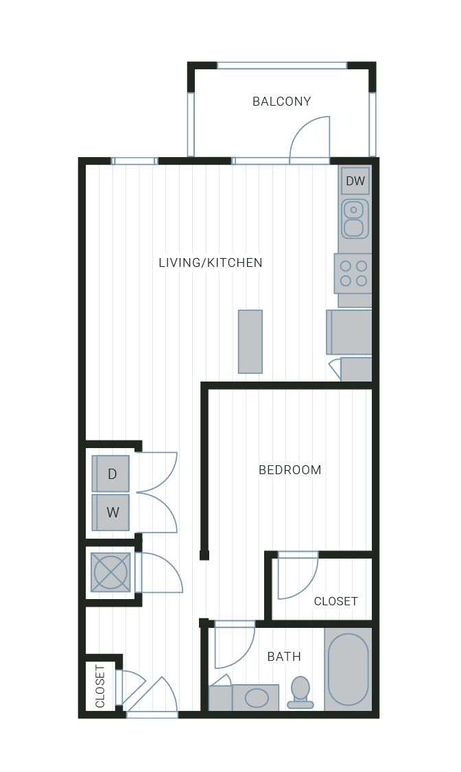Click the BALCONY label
281,102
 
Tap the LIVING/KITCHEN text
211,263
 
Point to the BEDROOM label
289,470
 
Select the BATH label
284,657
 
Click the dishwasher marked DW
355,180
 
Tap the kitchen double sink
355,219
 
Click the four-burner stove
353,274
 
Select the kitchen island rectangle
250,342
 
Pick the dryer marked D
110,473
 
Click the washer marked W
110,513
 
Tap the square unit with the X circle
110,572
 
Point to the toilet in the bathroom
300,692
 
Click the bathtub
348,669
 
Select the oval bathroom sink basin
257,698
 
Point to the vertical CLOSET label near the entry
100,686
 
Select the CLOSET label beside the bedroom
336,602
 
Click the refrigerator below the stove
350,332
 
